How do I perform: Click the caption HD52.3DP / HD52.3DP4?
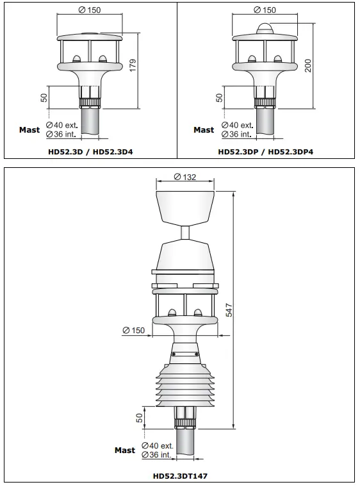pos(265,153)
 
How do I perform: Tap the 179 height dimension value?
pos(133,65)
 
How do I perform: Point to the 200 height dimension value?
pos(308,65)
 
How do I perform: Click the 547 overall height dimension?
pos(228,310)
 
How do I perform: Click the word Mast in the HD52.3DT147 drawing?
pos(125,450)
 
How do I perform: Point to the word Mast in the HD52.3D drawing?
pos(29,130)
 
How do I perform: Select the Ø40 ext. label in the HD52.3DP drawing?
pos(238,125)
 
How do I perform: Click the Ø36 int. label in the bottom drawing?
pos(157,455)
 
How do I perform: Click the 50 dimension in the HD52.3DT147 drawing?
pos(140,418)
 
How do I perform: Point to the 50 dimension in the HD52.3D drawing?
pos(44,97)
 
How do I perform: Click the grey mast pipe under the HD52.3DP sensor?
pos(264,124)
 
